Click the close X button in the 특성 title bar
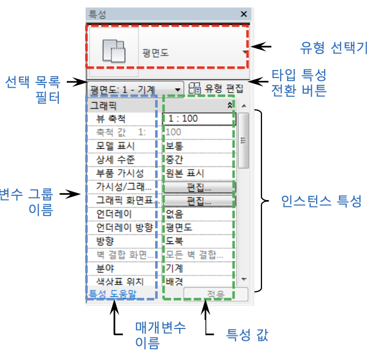tap(244, 14)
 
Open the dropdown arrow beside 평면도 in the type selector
tap(245, 52)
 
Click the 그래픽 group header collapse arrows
tap(230, 106)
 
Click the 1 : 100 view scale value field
tap(198, 118)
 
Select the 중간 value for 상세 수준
tap(198, 159)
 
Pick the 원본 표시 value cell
tap(198, 173)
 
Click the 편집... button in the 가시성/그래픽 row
tap(199, 187)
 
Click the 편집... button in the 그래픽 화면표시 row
tap(199, 201)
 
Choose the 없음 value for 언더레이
tap(198, 214)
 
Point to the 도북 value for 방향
tap(198, 241)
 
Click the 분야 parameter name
tap(105, 268)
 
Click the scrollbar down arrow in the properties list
tap(244, 279)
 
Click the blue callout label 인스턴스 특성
tap(322, 201)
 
